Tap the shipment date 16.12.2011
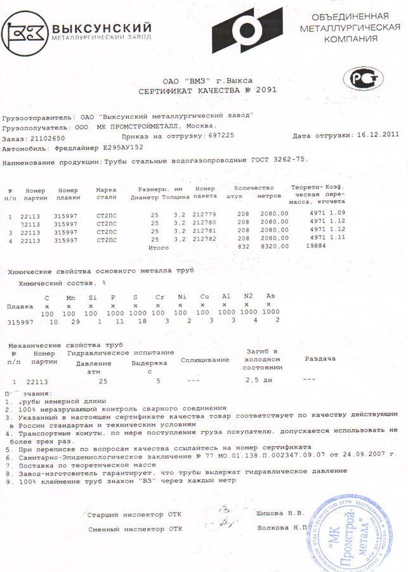(378, 135)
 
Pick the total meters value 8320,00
(275, 246)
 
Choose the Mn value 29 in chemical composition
(72, 322)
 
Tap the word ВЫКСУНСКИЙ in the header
(101, 28)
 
